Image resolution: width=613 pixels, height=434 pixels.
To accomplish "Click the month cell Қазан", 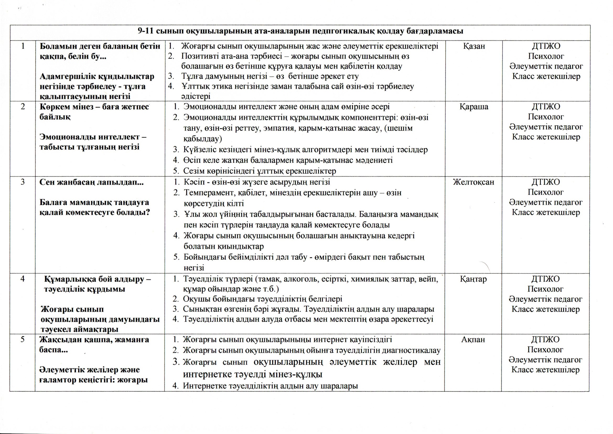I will click(x=474, y=46).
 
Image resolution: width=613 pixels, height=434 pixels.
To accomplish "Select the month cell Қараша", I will click(x=474, y=107).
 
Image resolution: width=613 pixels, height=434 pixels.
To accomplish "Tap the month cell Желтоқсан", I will click(x=474, y=182).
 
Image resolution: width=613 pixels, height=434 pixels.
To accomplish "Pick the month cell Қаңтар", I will click(x=473, y=279).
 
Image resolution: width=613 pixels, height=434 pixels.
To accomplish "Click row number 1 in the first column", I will click(x=23, y=46).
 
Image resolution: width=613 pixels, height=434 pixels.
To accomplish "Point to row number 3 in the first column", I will click(x=23, y=182).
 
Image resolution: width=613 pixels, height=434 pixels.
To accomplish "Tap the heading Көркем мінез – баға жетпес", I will click(x=94, y=107).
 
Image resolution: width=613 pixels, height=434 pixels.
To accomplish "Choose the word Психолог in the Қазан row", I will click(x=546, y=56).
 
